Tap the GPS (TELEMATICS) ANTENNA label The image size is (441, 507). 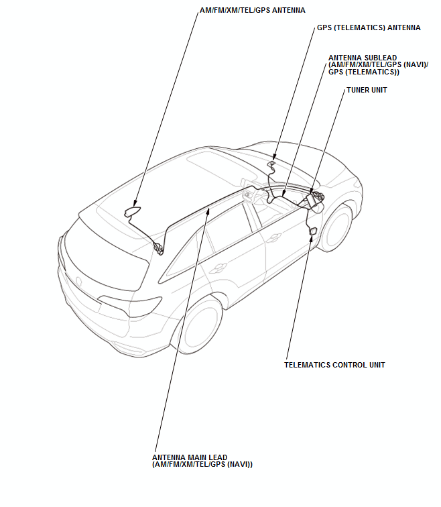click(x=368, y=28)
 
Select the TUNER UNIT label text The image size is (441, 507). click(x=367, y=90)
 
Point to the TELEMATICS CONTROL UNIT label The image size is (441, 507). click(x=334, y=365)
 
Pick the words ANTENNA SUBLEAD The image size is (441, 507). click(x=359, y=58)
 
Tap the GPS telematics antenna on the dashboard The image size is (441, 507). click(x=271, y=163)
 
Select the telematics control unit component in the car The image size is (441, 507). click(x=312, y=231)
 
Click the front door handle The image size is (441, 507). click(x=275, y=237)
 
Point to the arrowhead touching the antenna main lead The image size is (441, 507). click(x=208, y=210)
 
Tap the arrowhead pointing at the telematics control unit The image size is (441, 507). click(x=309, y=236)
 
